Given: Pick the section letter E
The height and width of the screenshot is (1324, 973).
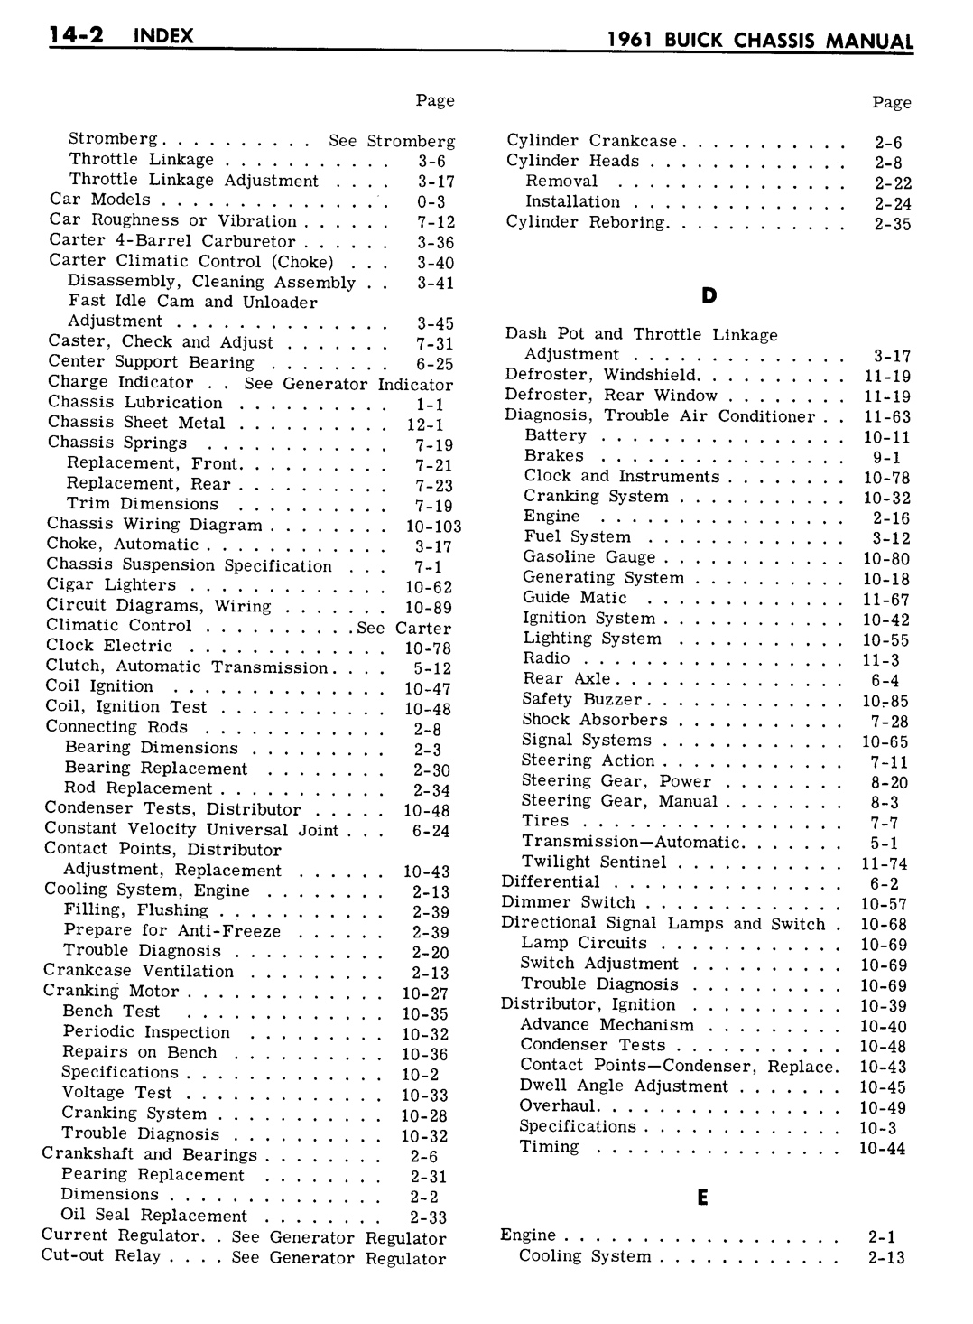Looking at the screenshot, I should coord(702,1197).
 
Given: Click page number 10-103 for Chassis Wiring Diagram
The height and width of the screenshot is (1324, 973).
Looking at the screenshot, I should coord(433,526).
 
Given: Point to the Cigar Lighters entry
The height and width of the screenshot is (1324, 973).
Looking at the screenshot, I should coord(111,584).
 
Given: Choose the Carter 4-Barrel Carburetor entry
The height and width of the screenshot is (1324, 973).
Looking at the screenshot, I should coord(172,241).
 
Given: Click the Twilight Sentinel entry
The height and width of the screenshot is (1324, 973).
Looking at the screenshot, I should coord(594,862).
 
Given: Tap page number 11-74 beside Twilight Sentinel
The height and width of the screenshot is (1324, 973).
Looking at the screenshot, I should coord(884,863).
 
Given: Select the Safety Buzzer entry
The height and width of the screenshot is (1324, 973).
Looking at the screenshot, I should coord(582,699).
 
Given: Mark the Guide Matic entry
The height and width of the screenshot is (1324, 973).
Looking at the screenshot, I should coord(575,597).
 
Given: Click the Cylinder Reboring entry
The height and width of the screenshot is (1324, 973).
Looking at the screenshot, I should coord(586,222).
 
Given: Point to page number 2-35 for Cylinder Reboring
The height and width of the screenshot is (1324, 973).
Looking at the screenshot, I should coord(892,224).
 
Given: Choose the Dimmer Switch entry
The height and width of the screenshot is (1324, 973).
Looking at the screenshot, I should coord(569,902).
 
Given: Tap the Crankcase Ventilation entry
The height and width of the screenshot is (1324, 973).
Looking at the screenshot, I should coord(138,971).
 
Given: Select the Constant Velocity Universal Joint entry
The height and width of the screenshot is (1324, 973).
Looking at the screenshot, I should coord(191,829).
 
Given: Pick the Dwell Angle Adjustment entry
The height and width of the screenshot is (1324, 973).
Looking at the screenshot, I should coord(624,1086).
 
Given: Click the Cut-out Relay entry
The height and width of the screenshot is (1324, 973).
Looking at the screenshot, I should coord(101,1255).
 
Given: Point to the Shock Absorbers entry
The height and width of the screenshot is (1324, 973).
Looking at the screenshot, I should coord(595,720).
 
